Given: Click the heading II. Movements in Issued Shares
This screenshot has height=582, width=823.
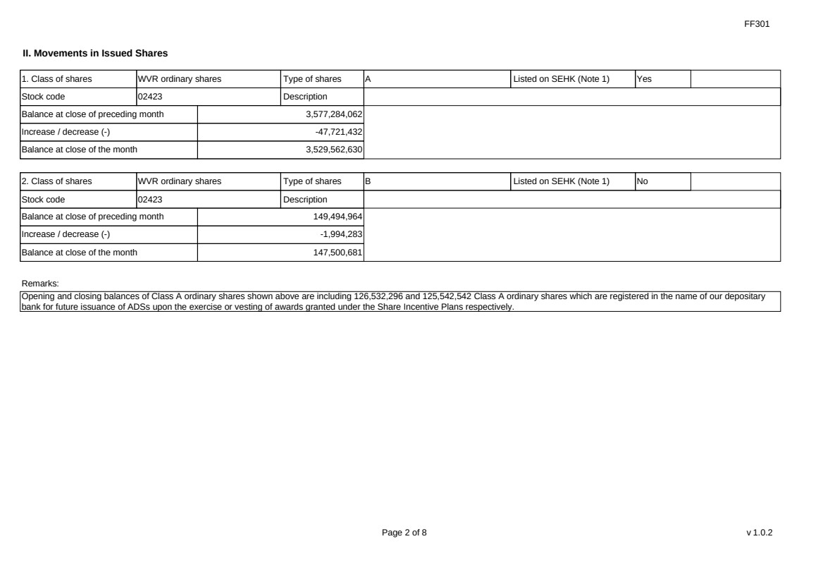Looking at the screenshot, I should tap(95, 53).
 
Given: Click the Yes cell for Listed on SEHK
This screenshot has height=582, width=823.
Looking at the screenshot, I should tap(644, 79).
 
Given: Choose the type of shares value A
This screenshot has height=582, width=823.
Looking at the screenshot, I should tap(367, 79).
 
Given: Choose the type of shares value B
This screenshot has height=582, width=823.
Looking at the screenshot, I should tap(367, 182).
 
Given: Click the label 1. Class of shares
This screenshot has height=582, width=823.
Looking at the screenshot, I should tap(56, 79).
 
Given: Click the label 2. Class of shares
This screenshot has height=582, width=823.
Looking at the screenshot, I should tap(56, 182).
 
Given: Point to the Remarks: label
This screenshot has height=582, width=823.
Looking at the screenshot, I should tap(41, 283).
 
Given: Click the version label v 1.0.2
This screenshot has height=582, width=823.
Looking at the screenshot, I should tap(759, 533).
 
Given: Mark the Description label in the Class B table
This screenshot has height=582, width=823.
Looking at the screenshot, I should tap(305, 200).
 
